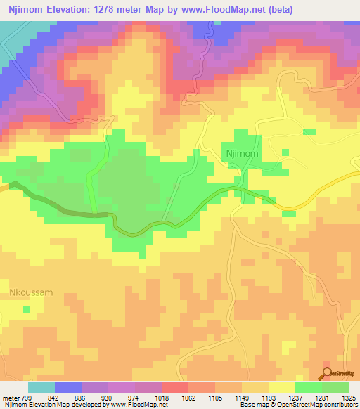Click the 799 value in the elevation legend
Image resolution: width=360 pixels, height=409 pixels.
27,397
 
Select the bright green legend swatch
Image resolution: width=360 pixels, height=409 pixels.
308,387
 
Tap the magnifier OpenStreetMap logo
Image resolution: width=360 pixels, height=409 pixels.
327,375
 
